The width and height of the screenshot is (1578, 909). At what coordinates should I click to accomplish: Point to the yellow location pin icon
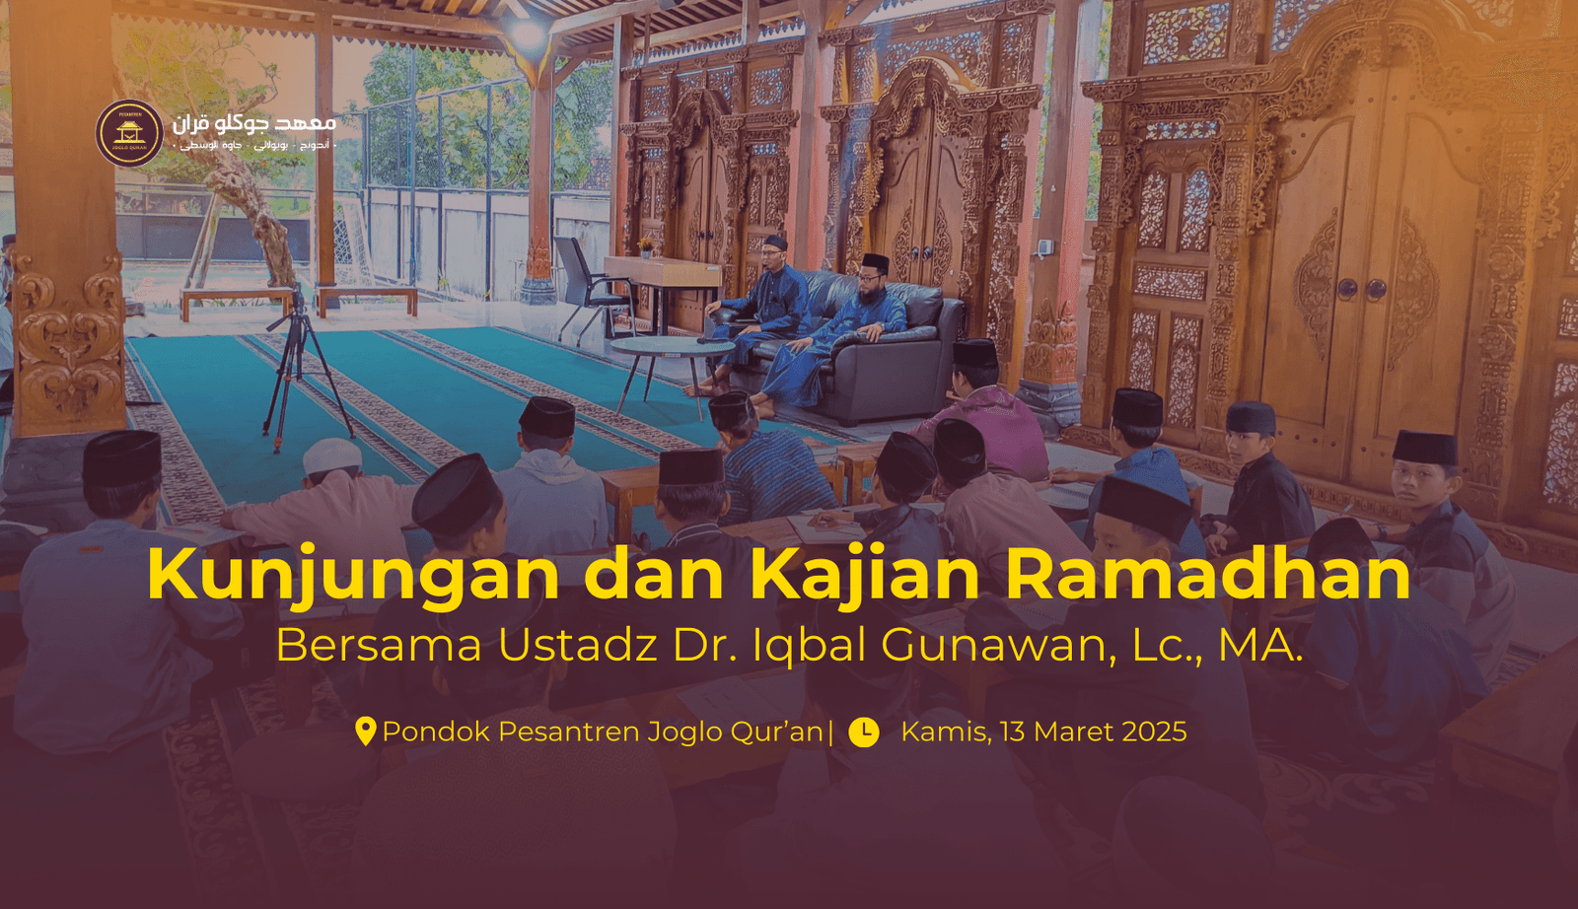click(x=365, y=732)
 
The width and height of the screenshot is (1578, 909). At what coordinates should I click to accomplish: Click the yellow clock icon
click(x=863, y=732)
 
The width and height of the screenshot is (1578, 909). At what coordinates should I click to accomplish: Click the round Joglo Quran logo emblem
click(x=129, y=133)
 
